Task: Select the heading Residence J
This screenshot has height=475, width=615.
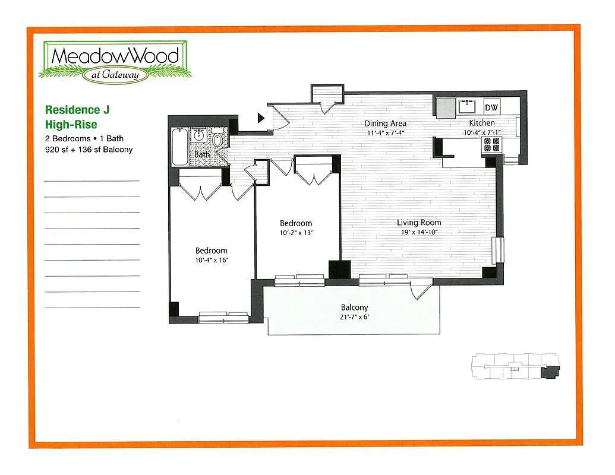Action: [x=77, y=110]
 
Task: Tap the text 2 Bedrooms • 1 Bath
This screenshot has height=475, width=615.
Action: [x=84, y=138]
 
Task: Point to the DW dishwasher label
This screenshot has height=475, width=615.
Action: [x=491, y=107]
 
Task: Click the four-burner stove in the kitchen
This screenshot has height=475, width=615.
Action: [x=491, y=144]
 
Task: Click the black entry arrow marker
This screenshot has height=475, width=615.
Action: [x=261, y=118]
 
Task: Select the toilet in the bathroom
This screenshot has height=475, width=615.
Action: [x=218, y=141]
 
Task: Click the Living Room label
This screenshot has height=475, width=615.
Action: [x=419, y=223]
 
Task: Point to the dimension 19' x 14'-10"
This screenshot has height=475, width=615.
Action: [x=419, y=232]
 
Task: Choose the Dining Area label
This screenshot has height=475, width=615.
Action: [x=385, y=123]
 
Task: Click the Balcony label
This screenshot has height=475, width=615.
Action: [x=354, y=308]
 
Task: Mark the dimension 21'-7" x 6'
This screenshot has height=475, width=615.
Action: [x=354, y=317]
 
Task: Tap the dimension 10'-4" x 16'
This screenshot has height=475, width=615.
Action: [x=211, y=260]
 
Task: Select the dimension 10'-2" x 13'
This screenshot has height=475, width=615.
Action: [x=296, y=233]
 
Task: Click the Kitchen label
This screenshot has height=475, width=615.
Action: [x=481, y=123]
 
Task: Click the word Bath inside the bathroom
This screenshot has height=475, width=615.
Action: [x=202, y=155]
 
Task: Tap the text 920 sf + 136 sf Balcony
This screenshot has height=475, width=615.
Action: [x=89, y=150]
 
